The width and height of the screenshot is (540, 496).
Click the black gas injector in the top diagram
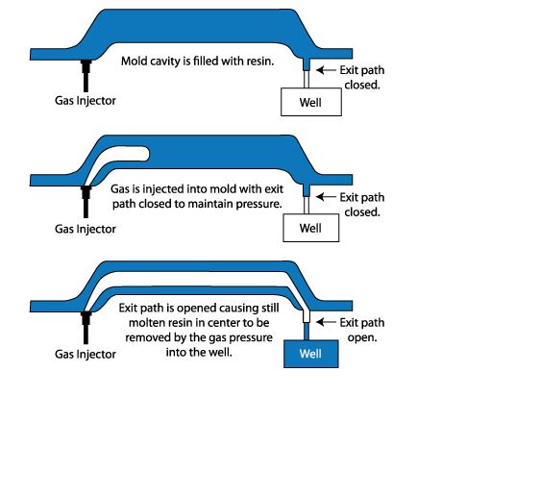coord(86,75)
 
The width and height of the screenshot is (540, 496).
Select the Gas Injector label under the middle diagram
coord(85,229)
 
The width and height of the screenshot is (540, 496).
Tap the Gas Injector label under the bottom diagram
coord(85,354)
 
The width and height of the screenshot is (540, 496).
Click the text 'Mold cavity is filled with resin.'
coord(197,61)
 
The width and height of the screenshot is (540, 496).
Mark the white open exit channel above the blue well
coord(306,313)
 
